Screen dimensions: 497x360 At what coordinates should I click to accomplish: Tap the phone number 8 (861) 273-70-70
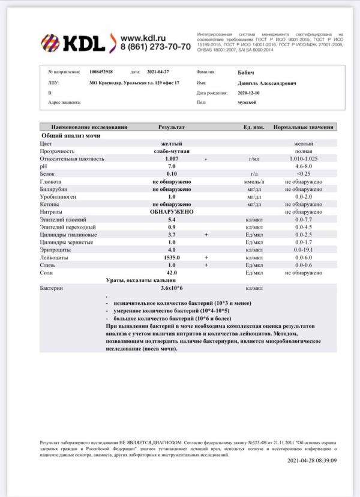[155, 46]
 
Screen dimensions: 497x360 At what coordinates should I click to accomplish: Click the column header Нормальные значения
[304, 127]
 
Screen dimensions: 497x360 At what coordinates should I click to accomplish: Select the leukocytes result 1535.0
[172, 257]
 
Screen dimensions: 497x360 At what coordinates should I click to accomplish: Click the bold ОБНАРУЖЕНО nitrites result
[172, 212]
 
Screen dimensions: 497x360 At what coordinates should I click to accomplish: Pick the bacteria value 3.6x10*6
[172, 289]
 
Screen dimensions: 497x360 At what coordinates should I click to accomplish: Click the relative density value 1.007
[172, 159]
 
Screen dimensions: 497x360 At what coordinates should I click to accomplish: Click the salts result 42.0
[172, 273]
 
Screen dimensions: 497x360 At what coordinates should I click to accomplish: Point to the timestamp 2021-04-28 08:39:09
[312, 460]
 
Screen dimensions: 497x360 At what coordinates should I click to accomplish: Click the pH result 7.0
[172, 166]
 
